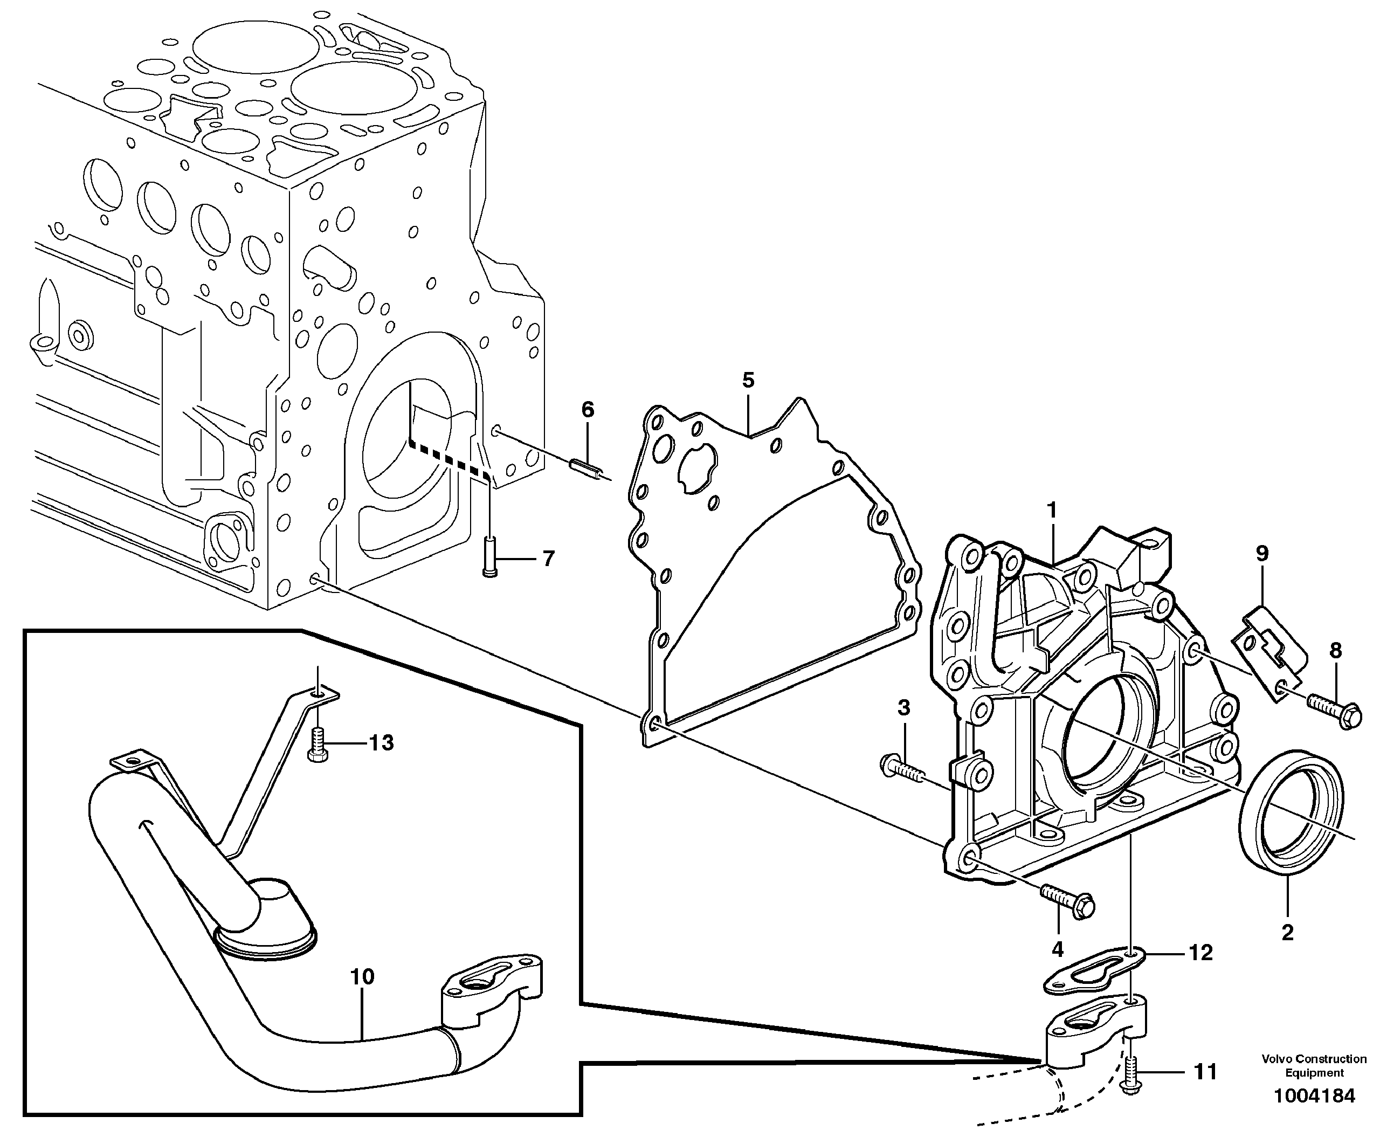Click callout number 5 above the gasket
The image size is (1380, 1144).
[748, 380]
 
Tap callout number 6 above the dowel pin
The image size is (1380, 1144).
[588, 410]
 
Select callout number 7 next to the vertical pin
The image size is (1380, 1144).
[549, 559]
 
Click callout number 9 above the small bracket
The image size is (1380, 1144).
[1262, 554]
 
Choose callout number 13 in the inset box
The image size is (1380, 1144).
[381, 743]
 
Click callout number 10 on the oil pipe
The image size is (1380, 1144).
[362, 976]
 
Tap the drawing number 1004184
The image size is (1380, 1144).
[1314, 1096]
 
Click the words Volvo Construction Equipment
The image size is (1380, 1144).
[1314, 1066]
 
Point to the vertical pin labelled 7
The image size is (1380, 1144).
[489, 556]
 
